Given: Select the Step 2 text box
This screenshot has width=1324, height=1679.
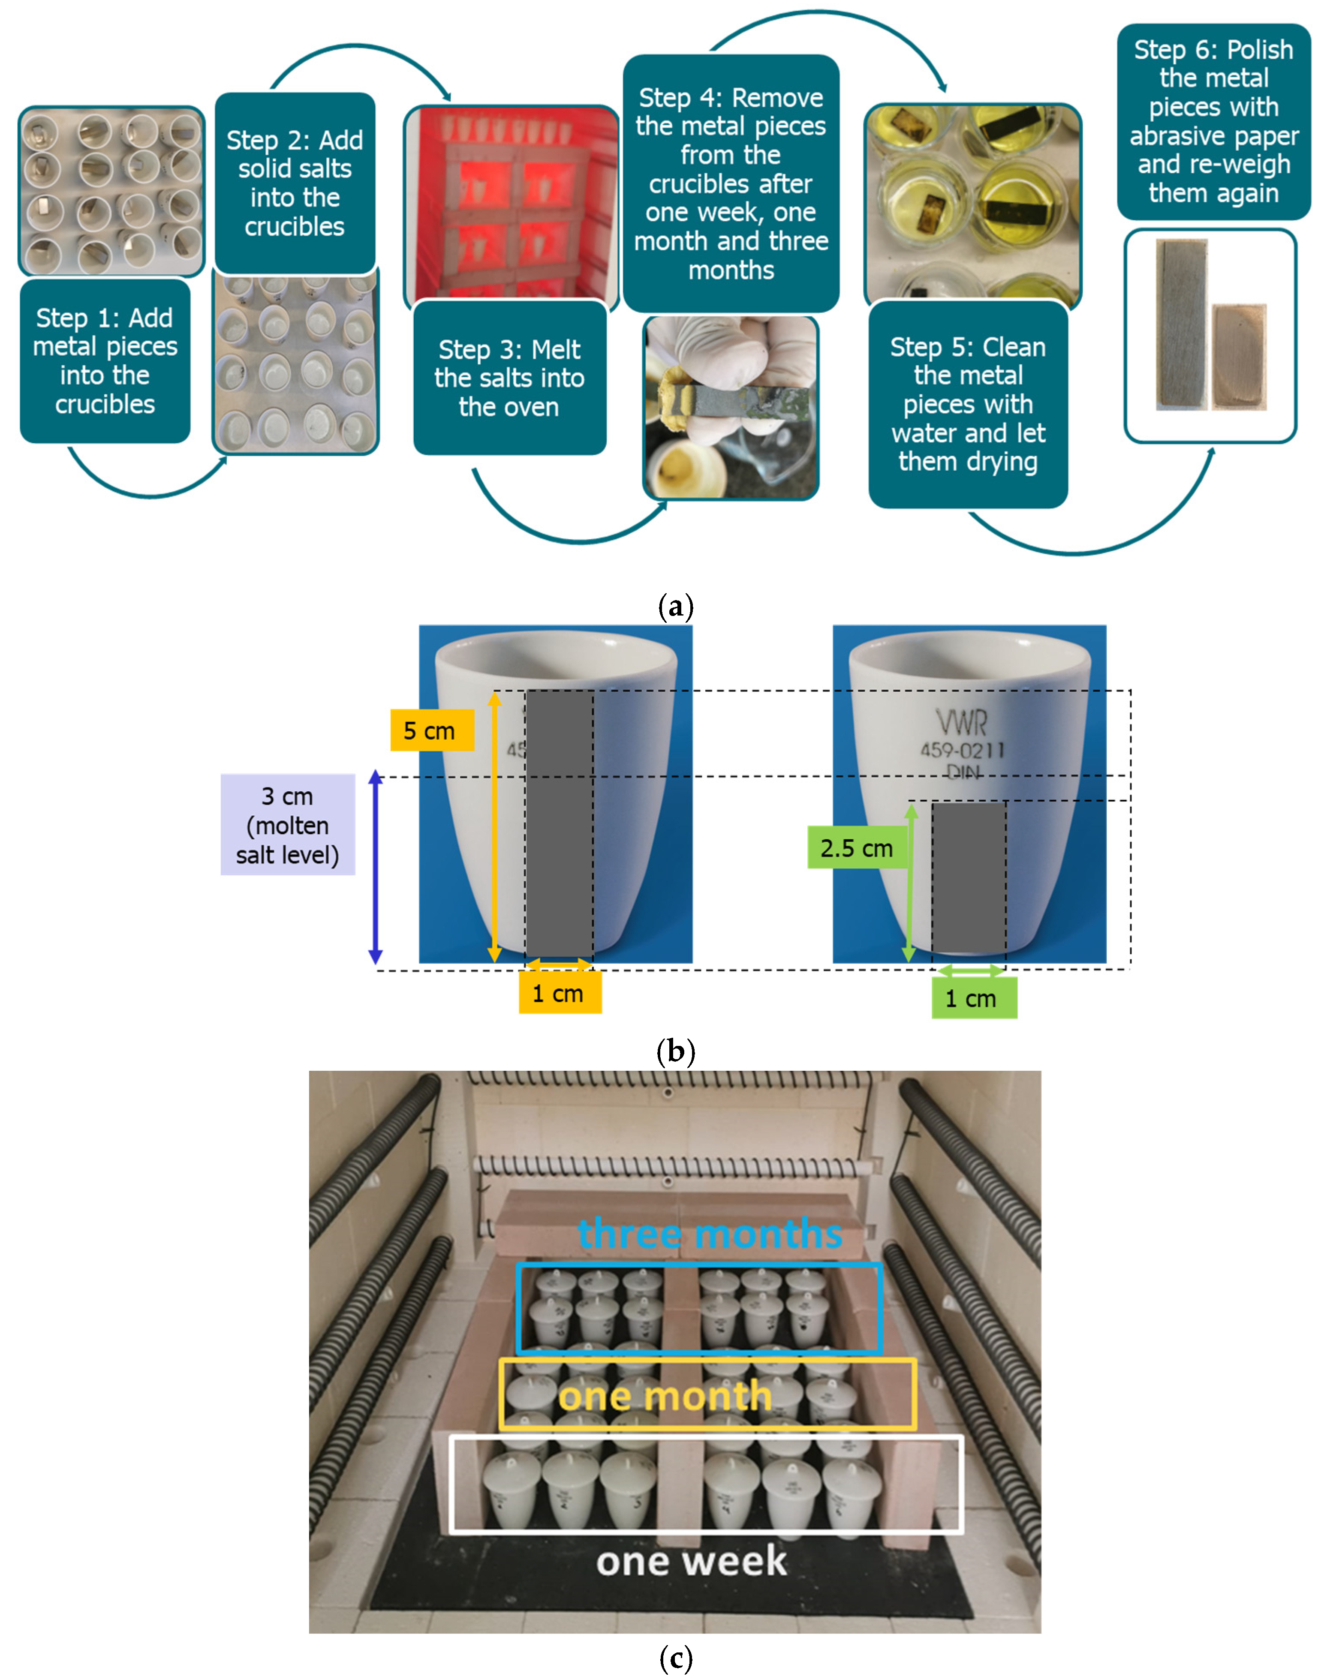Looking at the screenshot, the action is pyautogui.click(x=295, y=183).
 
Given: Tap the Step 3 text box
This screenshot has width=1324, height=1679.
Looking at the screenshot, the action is pyautogui.click(x=509, y=377).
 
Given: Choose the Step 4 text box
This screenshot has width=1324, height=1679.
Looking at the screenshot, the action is pyautogui.click(x=731, y=183).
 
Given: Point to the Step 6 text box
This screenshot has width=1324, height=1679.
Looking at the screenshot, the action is pyautogui.click(x=1214, y=122).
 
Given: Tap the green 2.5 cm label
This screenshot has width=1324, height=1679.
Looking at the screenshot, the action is pyautogui.click(x=857, y=847).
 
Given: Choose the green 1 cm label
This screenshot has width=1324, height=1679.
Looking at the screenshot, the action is pyautogui.click(x=974, y=998).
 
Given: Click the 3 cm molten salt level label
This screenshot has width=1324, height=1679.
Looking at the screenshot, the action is pyautogui.click(x=288, y=824).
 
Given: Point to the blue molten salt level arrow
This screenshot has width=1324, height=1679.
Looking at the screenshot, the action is pyautogui.click(x=375, y=867).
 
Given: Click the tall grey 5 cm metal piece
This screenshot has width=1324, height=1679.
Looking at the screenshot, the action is pyautogui.click(x=560, y=824).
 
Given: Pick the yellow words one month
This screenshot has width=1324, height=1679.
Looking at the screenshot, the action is pyautogui.click(x=665, y=1395).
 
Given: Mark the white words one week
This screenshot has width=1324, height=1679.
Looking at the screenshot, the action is pyautogui.click(x=692, y=1560).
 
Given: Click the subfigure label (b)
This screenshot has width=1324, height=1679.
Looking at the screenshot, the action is pyautogui.click(x=675, y=1051).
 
